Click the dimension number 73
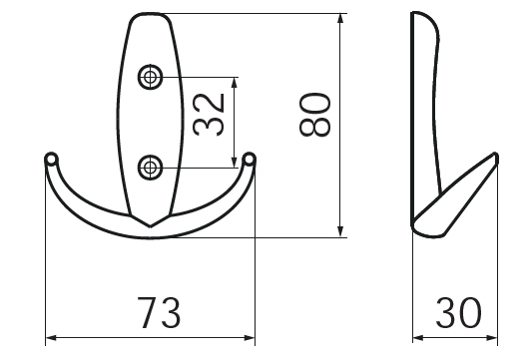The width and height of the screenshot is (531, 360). pyautogui.click(x=159, y=313)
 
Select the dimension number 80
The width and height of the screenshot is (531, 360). pyautogui.click(x=314, y=115)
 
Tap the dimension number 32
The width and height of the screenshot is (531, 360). pyautogui.click(x=209, y=114)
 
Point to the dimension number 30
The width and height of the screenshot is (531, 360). pyautogui.click(x=458, y=313)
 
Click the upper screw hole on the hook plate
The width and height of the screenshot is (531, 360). pyautogui.click(x=150, y=77)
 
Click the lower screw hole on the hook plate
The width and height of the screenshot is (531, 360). pyautogui.click(x=150, y=168)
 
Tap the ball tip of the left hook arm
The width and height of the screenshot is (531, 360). pyautogui.click(x=51, y=159)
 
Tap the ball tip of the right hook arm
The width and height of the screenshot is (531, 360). pyautogui.click(x=250, y=159)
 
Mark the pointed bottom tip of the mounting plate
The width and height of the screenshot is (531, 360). pyautogui.click(x=150, y=226)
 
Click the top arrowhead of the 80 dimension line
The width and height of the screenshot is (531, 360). pyautogui.click(x=340, y=19)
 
